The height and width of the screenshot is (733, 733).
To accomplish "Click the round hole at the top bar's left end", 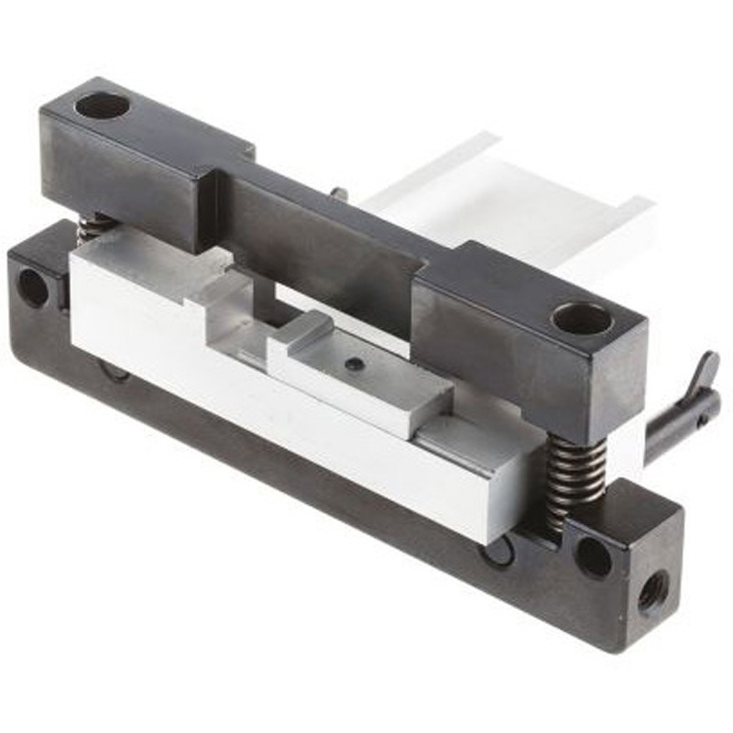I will (x=102, y=105).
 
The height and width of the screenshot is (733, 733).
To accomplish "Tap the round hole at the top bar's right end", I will (x=581, y=319).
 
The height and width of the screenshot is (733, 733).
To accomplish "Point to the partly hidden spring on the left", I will (x=93, y=227).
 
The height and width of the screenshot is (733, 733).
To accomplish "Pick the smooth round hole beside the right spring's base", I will (x=593, y=556).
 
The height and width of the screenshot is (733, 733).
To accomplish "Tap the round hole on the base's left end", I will (x=33, y=288).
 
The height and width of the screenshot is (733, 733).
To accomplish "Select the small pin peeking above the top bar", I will (x=339, y=193).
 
